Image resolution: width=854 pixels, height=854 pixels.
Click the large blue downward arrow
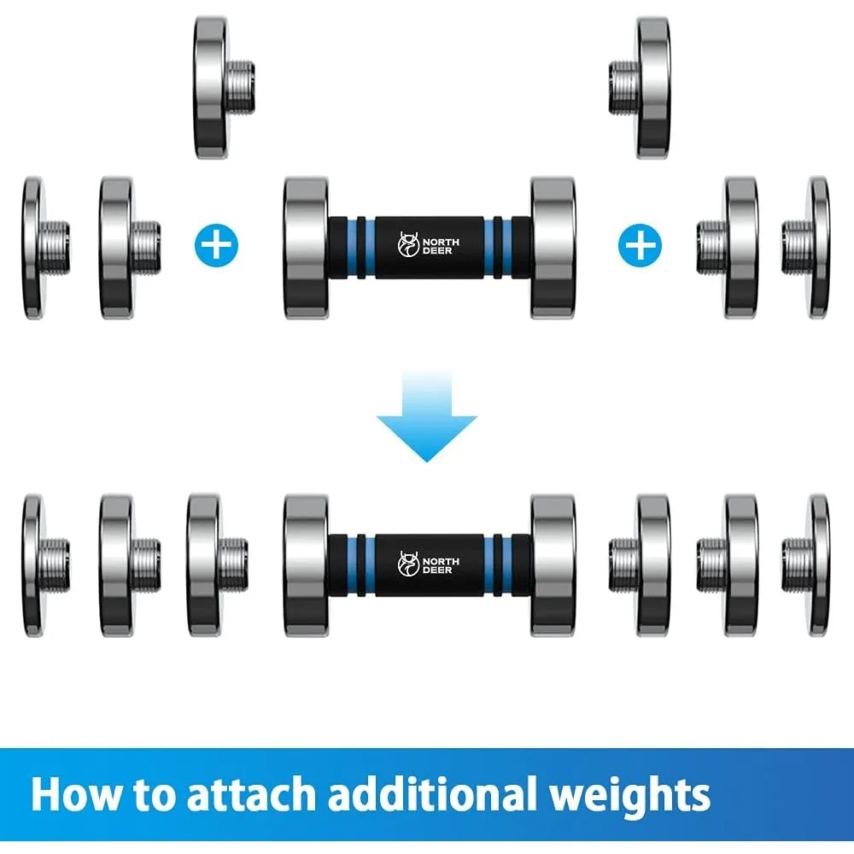427,418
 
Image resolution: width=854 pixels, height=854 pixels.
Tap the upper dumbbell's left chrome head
306,247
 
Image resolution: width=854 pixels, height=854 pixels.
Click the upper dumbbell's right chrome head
552,247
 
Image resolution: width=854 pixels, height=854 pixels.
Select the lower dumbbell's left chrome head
306,564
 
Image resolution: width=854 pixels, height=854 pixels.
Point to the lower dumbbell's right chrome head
552,564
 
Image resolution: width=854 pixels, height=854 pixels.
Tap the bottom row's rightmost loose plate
816,564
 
